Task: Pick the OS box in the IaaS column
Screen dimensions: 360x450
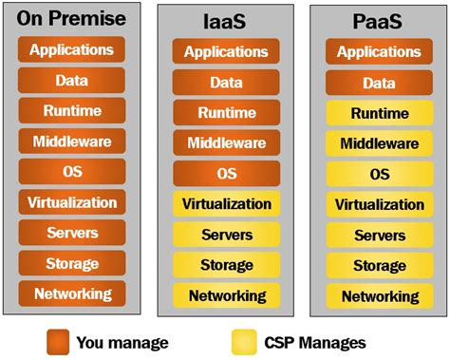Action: [x=226, y=174]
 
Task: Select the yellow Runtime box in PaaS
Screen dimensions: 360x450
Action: [x=380, y=114]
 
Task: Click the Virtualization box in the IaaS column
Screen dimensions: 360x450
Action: [x=226, y=204]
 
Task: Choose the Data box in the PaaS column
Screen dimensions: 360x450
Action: [x=380, y=84]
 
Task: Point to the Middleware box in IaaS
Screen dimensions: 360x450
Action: [x=226, y=143]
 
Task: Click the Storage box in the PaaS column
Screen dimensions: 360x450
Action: [x=380, y=266]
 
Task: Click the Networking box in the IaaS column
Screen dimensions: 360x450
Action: [x=226, y=296]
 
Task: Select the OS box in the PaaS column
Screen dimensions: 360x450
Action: [x=380, y=175]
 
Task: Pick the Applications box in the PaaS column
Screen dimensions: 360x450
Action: [x=380, y=52]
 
